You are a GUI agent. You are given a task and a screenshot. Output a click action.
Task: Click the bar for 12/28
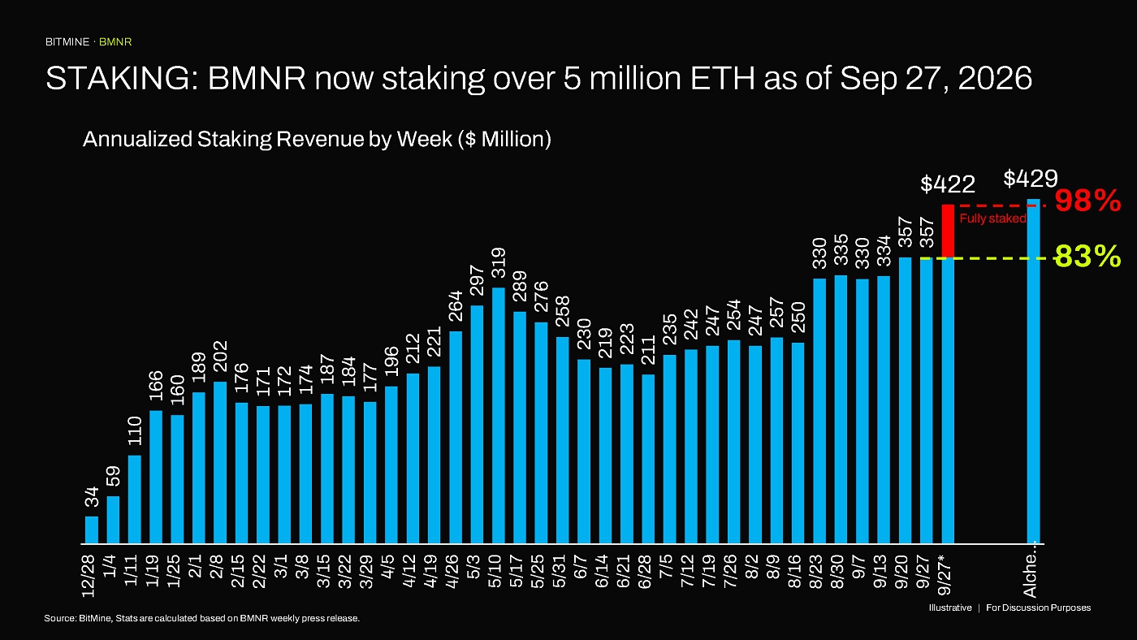pos(91,530)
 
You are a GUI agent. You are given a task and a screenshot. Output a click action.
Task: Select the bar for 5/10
pos(499,416)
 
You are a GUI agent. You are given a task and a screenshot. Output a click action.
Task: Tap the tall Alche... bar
pos(1033,371)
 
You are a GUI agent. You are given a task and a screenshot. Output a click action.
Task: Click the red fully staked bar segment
pos(948,231)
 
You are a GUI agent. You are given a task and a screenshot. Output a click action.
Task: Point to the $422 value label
pos(948,184)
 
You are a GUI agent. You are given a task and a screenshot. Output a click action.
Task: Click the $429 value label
pos(1031,179)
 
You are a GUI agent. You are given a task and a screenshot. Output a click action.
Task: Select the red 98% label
pos(1087,201)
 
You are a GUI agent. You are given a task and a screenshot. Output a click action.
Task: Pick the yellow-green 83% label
pos(1087,257)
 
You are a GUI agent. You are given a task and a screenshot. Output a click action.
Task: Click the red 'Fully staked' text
pos(992,218)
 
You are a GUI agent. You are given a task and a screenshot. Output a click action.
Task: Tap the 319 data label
pos(499,262)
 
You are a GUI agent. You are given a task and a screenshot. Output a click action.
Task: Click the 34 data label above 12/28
pos(92,496)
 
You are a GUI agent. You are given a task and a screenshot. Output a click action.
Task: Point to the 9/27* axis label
pos(945,574)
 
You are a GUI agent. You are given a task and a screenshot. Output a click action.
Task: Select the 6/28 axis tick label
pos(645,572)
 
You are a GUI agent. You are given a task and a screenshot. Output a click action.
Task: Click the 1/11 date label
pos(131,570)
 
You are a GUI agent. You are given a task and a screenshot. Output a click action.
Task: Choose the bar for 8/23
pos(819,411)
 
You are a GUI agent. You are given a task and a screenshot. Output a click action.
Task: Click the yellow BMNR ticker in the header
pos(115,42)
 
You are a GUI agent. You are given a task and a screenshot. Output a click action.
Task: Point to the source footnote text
pos(201,618)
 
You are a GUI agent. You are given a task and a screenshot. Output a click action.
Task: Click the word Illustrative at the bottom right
pos(950,608)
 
